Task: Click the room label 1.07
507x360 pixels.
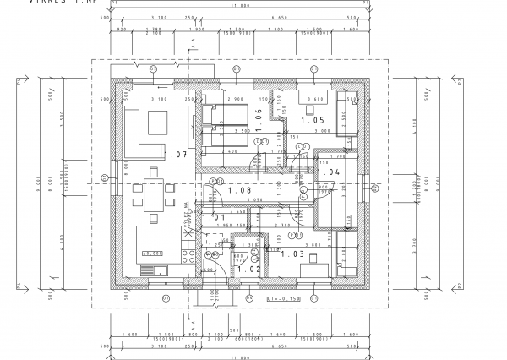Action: (175, 155)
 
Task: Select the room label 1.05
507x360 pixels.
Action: (318, 120)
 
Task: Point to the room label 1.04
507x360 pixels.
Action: (329, 172)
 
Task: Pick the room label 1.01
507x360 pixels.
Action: (213, 217)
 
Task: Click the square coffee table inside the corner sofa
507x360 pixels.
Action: (159, 124)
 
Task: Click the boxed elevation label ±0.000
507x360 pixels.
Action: (152, 254)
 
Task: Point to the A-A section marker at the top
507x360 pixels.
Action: (193, 41)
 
